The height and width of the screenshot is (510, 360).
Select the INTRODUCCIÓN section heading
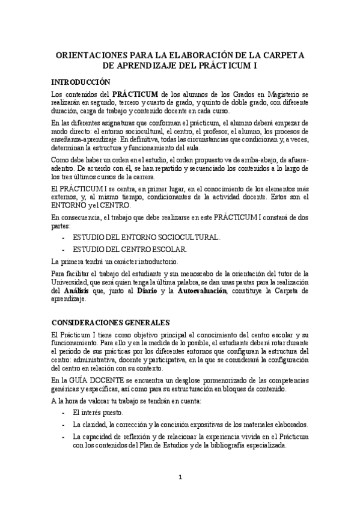(x=81, y=81)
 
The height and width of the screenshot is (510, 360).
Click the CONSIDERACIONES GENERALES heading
(x=111, y=322)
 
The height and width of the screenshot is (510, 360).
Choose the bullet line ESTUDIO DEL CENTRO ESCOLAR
(x=130, y=249)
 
